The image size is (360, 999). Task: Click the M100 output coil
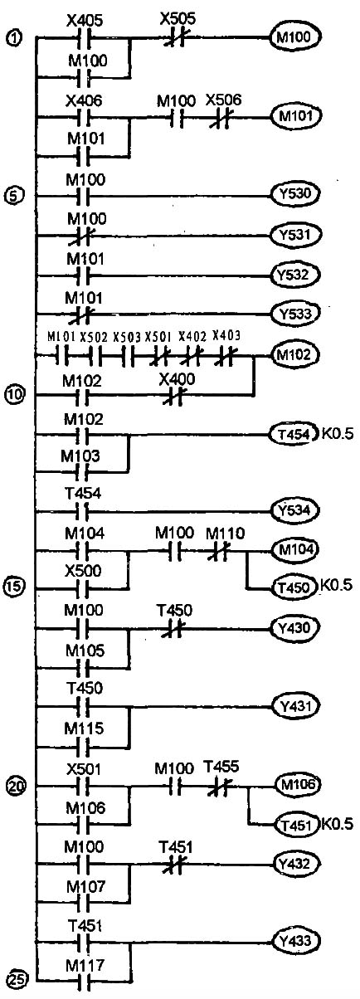[295, 37]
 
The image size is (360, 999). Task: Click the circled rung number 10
[15, 394]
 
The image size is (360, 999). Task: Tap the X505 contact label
[178, 19]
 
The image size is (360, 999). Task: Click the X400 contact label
[177, 379]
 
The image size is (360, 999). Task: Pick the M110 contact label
[226, 533]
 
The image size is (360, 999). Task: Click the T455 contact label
[221, 767]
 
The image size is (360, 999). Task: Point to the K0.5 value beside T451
[337, 823]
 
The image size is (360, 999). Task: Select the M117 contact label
[85, 966]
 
